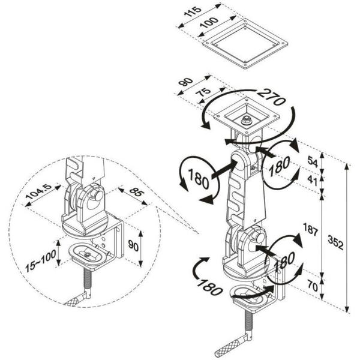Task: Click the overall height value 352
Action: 336,240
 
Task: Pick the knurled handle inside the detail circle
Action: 77,298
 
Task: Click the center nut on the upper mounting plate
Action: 246,119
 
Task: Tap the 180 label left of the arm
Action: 197,178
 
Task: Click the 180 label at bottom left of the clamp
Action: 211,283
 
